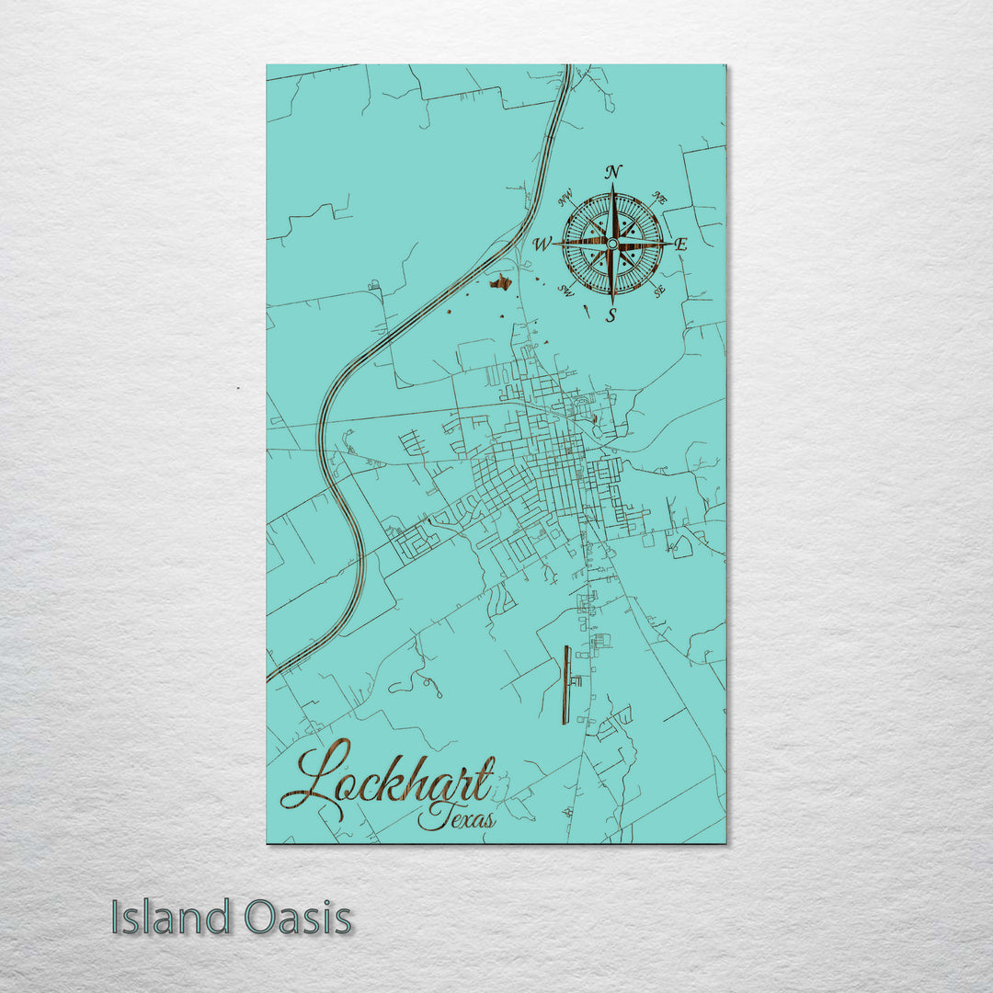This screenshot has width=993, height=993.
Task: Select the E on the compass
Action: coord(681,245)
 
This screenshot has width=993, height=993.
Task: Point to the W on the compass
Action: coord(542,245)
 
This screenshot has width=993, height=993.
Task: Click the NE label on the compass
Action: coord(659,197)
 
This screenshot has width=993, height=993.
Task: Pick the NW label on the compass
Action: coord(565,196)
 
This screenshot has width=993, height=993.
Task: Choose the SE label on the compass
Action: coord(658,291)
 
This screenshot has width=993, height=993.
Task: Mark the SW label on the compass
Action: coord(566,291)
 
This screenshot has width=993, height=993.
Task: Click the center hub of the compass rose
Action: coord(612,244)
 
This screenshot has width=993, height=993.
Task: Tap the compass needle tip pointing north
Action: coord(612,186)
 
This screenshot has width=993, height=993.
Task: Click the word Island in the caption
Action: coord(171,918)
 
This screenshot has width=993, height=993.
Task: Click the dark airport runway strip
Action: coord(566,684)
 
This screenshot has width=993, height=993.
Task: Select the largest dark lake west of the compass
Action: coord(500,282)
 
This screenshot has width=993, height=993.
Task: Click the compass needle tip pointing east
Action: coord(669,244)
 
